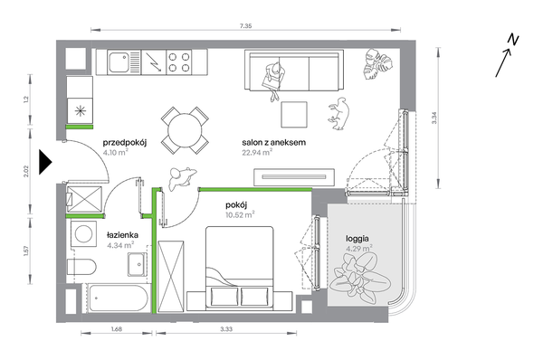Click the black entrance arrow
point(45,162)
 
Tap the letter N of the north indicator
point(513,40)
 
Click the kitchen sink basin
point(118,62)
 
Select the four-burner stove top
point(178,62)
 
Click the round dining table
point(185,130)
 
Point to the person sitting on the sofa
point(274,81)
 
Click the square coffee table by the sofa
point(294,115)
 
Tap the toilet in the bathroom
point(81,267)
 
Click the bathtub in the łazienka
point(118,298)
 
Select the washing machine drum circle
point(84,234)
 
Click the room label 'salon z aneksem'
point(273,142)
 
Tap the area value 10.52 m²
point(240,215)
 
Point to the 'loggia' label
point(357,239)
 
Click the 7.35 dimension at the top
point(245,25)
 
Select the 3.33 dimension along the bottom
point(226,329)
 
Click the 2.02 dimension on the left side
point(25,171)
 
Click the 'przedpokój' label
point(125,143)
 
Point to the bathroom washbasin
point(138,264)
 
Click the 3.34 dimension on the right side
point(435,118)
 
